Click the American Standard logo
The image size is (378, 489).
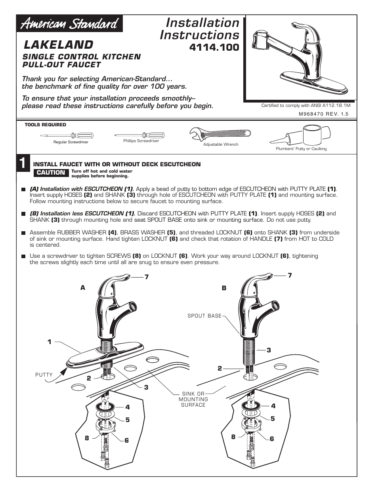[x=69, y=24]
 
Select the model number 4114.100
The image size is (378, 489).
[x=214, y=48]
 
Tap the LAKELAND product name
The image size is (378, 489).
[x=59, y=44]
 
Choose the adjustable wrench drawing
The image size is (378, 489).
[x=220, y=134]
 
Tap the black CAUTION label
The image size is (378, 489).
[x=51, y=173]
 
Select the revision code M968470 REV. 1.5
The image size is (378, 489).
[x=323, y=114]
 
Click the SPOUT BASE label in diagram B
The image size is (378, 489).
[x=204, y=316]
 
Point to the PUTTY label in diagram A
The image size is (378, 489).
[x=44, y=375]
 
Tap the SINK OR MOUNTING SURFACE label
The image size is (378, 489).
[x=193, y=399]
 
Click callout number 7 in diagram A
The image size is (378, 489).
[x=146, y=277]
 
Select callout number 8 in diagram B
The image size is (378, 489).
[x=233, y=437]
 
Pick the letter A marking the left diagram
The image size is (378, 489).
[x=83, y=288]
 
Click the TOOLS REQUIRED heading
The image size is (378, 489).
[x=45, y=125]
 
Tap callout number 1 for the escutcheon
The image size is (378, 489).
[x=50, y=342]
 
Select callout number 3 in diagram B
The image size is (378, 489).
[x=269, y=350]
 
